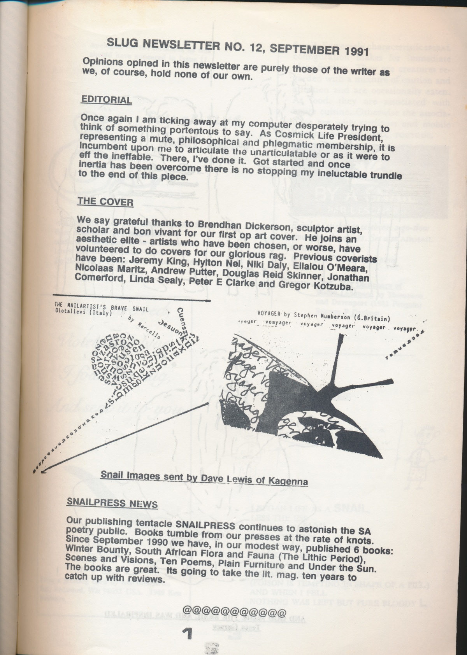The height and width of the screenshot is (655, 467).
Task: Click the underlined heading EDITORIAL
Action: pyautogui.click(x=106, y=100)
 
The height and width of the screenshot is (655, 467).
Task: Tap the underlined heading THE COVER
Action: pyautogui.click(x=105, y=201)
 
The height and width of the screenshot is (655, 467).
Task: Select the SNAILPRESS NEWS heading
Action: pyautogui.click(x=112, y=503)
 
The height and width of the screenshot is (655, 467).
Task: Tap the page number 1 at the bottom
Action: pyautogui.click(x=188, y=634)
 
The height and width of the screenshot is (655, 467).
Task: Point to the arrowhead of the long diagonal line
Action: pyautogui.click(x=43, y=472)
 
